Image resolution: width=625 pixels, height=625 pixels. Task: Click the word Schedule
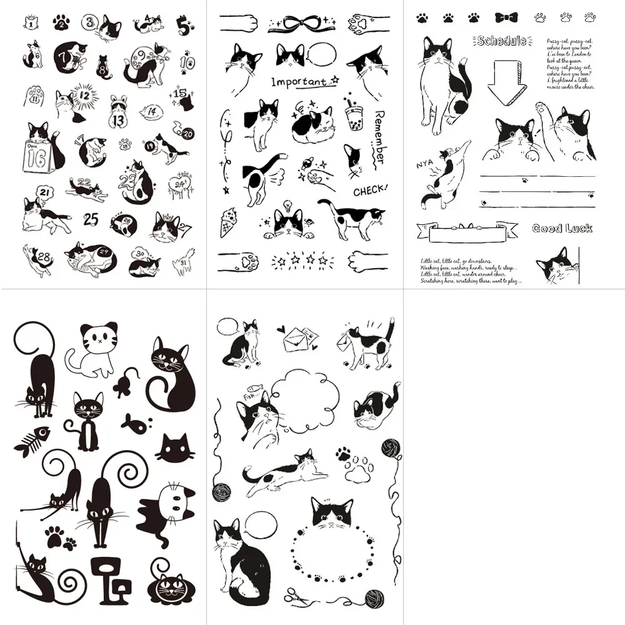pyautogui.click(x=501, y=41)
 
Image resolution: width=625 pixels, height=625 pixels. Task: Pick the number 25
pyautogui.click(x=91, y=219)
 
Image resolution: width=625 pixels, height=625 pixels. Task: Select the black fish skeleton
pyautogui.click(x=31, y=441)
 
